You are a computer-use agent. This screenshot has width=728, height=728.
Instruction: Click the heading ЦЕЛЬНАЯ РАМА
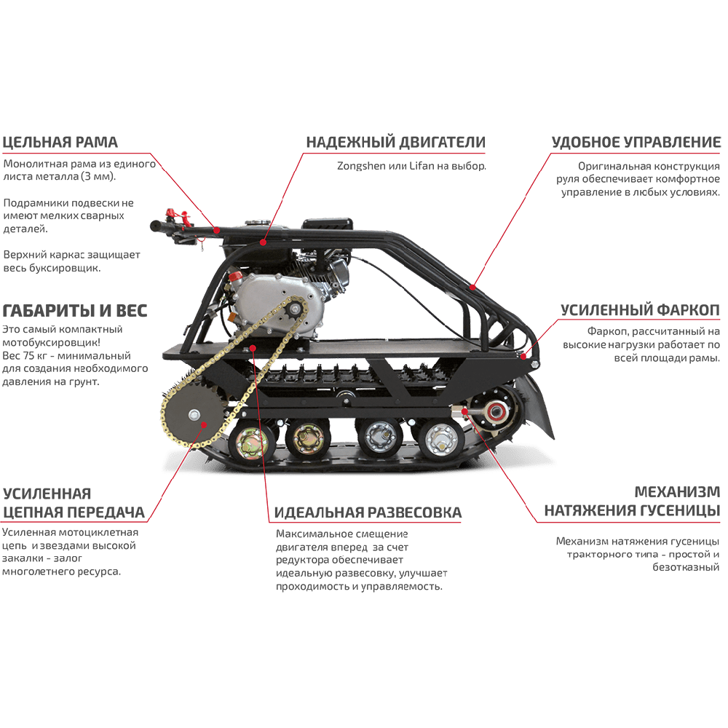60,142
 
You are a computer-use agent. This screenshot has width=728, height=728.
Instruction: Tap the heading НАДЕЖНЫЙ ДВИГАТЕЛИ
395,142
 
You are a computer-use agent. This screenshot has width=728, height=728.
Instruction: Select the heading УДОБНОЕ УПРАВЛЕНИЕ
636,142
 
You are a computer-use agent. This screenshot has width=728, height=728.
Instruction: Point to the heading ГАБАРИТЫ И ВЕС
75,311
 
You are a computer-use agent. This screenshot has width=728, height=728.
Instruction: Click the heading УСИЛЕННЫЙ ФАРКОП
640,311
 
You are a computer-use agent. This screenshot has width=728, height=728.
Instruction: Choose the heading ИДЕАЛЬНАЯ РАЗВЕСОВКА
368,513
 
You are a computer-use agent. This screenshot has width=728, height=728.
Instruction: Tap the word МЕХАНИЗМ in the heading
677,492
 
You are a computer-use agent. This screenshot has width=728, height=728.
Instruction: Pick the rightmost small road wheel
439,439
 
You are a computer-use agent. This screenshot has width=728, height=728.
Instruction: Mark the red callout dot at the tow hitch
522,356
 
